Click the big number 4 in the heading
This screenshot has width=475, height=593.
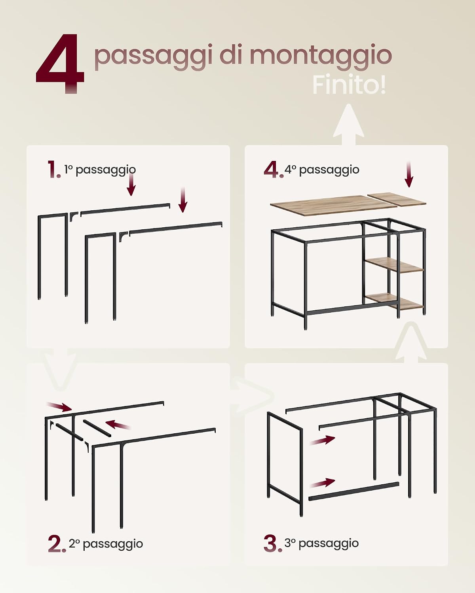[x=60, y=64]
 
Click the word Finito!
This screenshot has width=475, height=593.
[x=349, y=85]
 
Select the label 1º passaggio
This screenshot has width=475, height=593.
[x=100, y=170]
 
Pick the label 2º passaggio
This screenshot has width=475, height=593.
[x=106, y=544]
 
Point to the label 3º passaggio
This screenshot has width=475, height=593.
[x=321, y=544]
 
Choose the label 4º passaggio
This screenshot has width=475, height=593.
[x=322, y=170]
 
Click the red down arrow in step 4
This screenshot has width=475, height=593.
[x=409, y=174]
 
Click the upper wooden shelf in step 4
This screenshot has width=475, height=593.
[x=395, y=265]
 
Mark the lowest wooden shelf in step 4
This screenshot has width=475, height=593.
[x=394, y=302]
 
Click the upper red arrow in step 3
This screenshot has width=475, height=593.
[x=322, y=440]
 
